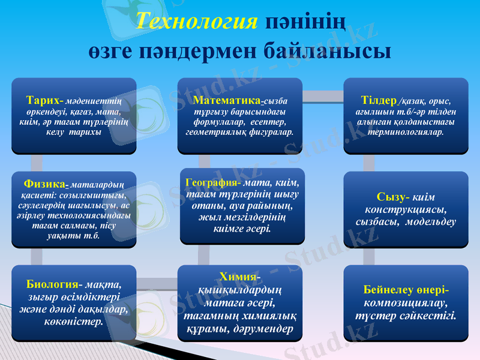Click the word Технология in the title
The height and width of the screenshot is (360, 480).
pos(197,21)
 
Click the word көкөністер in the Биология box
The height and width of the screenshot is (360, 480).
pos(73,322)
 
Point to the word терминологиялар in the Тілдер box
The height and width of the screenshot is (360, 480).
pos(406,132)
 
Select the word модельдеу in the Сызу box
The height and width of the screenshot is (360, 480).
pos(430,221)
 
